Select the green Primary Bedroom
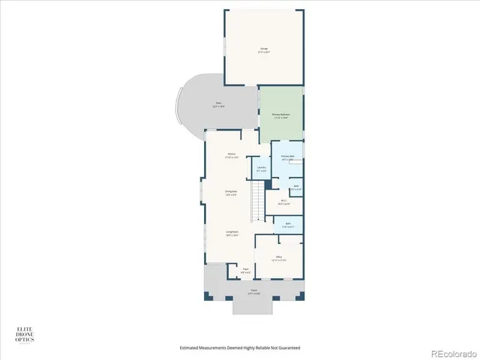tap(281, 114)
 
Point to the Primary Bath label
tap(287, 157)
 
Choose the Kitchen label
tap(232, 155)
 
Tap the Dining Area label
tap(231, 192)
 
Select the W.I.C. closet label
tap(284, 200)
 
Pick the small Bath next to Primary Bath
tap(296, 187)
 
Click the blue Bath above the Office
tap(288, 224)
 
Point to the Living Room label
tap(231, 232)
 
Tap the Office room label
tap(278, 257)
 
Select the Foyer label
tap(244, 270)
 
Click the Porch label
tap(254, 290)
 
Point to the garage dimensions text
tap(264, 52)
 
